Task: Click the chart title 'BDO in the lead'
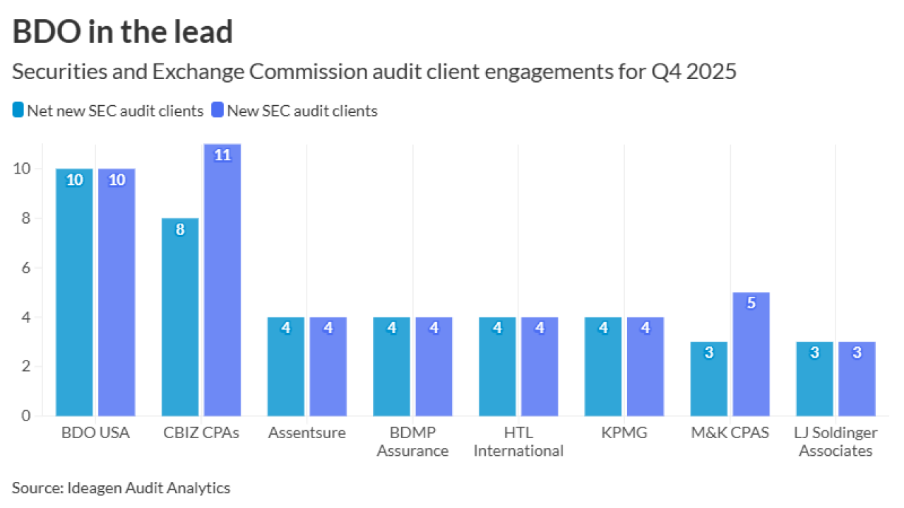coord(122,32)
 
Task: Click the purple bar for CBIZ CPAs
coord(222,282)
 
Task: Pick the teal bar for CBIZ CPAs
coord(180,317)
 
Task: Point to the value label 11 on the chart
coord(222,155)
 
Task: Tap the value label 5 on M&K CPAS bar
coord(751,303)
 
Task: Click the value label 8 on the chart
coord(180,229)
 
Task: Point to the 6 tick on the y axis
coord(25,268)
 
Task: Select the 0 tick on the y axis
coord(25,416)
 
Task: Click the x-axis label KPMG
coord(624,433)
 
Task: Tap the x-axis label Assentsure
coord(307,433)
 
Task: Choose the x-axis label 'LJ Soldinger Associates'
coord(835,442)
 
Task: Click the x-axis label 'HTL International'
coord(518,442)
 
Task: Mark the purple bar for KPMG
coord(646,367)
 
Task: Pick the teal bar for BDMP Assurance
coord(392,367)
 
